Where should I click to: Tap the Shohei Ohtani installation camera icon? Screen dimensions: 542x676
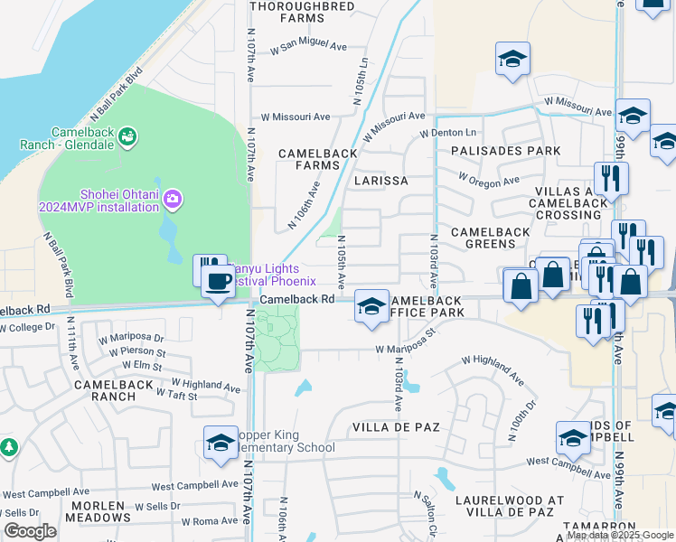point(174,198)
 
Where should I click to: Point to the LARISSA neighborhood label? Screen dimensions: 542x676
point(380,181)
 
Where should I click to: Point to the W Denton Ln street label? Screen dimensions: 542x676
point(448,133)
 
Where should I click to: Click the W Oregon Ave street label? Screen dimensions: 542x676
point(488,179)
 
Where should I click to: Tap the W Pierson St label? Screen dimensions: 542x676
point(136,352)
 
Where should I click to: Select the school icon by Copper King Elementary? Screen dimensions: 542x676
point(221,442)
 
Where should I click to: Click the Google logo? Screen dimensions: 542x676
point(30,531)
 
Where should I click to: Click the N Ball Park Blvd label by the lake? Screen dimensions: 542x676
point(117,93)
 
